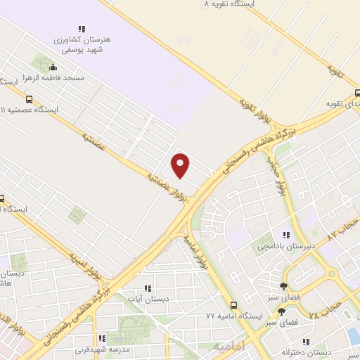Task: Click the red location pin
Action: click(x=181, y=165)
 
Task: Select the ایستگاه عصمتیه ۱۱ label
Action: click(x=34, y=110)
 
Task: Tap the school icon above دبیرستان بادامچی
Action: click(x=285, y=235)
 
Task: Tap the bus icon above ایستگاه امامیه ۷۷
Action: click(x=233, y=305)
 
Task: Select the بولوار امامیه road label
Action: click(x=197, y=250)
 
